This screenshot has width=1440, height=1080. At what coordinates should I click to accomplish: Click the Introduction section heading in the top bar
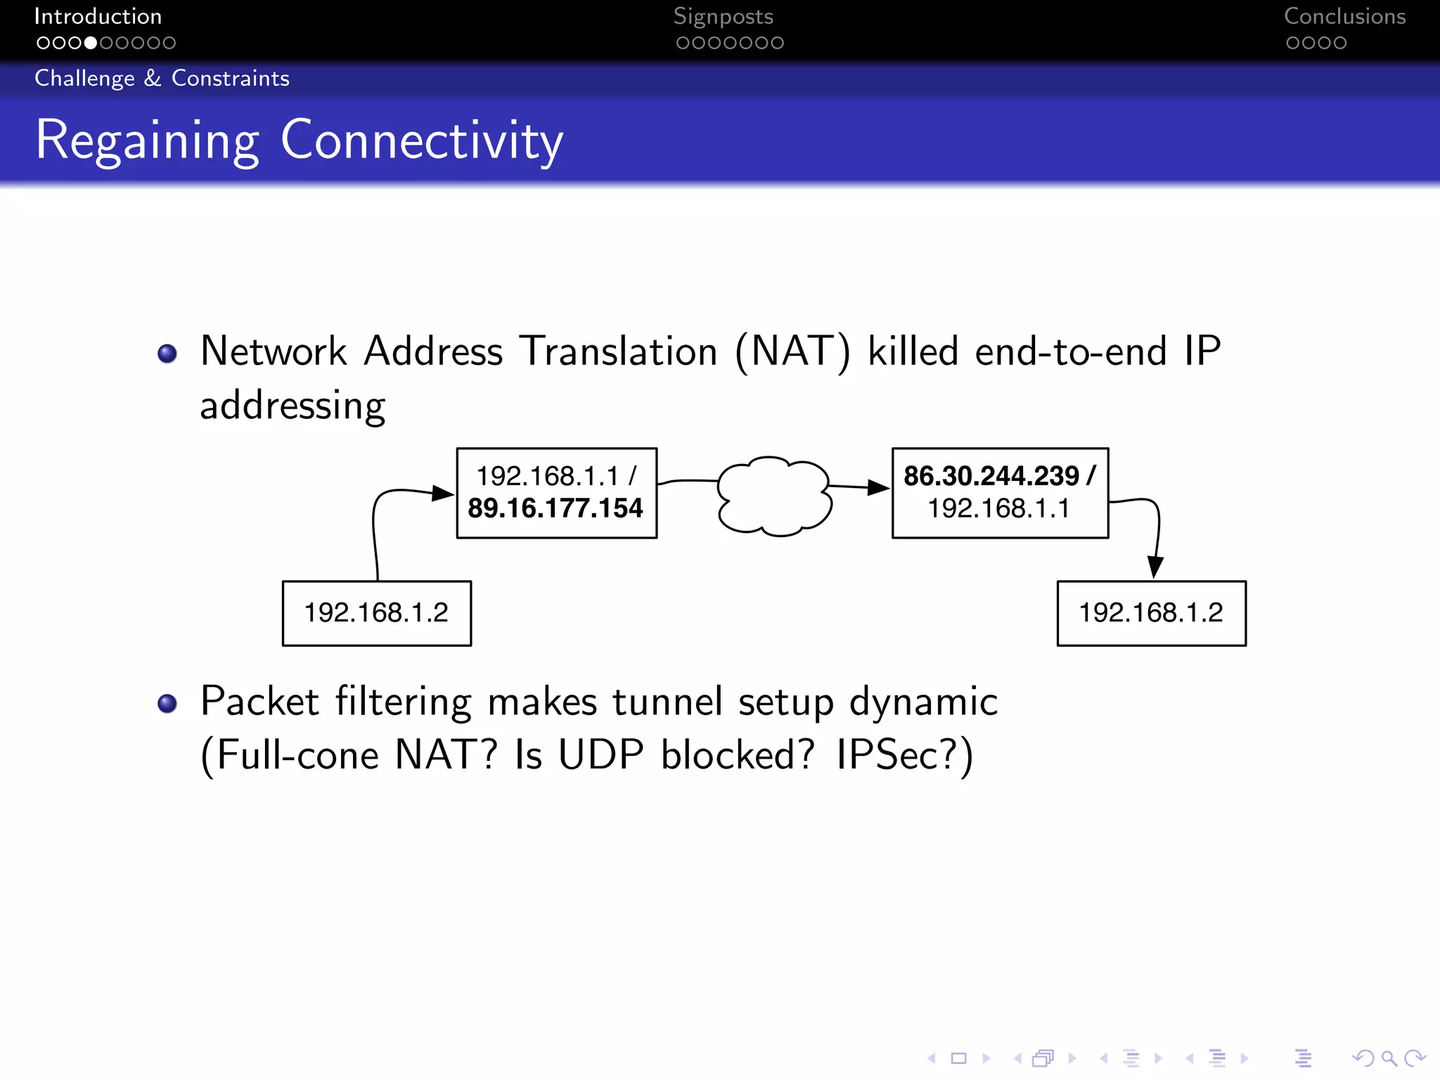pyautogui.click(x=98, y=16)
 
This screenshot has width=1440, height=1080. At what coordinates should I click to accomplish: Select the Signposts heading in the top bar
pyautogui.click(x=723, y=16)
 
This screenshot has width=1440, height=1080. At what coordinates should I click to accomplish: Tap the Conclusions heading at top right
pyautogui.click(x=1344, y=16)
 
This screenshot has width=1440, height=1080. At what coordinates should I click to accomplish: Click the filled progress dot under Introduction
pyautogui.click(x=91, y=43)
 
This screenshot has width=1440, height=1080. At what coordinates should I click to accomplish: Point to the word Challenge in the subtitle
pyautogui.click(x=84, y=78)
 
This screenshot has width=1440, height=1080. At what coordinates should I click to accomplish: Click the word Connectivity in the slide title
pyautogui.click(x=422, y=140)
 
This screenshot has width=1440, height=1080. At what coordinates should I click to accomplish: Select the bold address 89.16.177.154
pyautogui.click(x=555, y=508)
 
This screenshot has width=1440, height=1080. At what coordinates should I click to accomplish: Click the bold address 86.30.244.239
pyautogui.click(x=991, y=476)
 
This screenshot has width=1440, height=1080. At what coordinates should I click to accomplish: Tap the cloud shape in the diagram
pyautogui.click(x=774, y=496)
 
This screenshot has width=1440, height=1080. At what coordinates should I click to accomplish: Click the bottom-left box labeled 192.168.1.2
pyautogui.click(x=376, y=612)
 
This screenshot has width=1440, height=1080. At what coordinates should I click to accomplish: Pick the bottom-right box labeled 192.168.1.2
pyautogui.click(x=1151, y=612)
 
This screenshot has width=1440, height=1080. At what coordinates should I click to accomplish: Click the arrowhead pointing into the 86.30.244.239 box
pyautogui.click(x=879, y=487)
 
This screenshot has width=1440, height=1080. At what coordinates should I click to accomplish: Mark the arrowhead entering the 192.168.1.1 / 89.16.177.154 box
pyautogui.click(x=442, y=493)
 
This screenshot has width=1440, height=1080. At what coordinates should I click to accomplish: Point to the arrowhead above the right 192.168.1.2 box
pyautogui.click(x=1155, y=567)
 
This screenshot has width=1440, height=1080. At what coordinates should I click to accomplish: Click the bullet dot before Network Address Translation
pyautogui.click(x=167, y=353)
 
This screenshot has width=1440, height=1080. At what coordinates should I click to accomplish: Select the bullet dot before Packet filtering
pyautogui.click(x=167, y=703)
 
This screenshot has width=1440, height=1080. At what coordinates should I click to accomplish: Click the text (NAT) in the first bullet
pyautogui.click(x=792, y=351)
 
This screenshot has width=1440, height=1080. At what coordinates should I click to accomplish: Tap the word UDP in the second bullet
pyautogui.click(x=600, y=755)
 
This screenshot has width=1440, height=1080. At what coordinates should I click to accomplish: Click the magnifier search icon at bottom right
pyautogui.click(x=1389, y=1058)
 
